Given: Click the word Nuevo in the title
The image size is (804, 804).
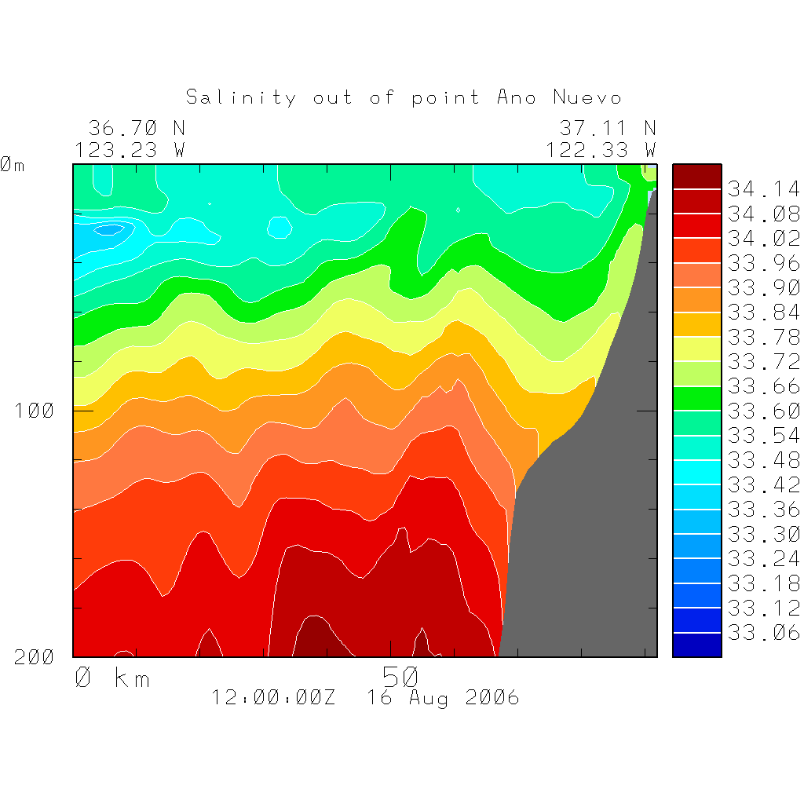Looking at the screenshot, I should (x=587, y=97).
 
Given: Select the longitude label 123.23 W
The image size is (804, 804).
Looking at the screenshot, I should (x=130, y=149).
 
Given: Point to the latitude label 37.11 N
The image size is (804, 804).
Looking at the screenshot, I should (x=608, y=128).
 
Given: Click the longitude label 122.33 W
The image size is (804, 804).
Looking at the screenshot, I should (x=601, y=149).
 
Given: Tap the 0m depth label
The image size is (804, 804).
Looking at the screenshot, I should (x=12, y=165).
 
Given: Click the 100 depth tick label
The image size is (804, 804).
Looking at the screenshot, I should (x=35, y=410).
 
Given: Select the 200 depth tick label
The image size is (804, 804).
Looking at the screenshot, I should (x=35, y=657).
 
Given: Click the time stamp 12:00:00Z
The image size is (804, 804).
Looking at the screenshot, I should (x=273, y=697).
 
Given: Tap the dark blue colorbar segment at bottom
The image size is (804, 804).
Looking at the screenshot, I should (x=696, y=645).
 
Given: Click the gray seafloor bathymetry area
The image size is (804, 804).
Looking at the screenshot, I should (x=597, y=534).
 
